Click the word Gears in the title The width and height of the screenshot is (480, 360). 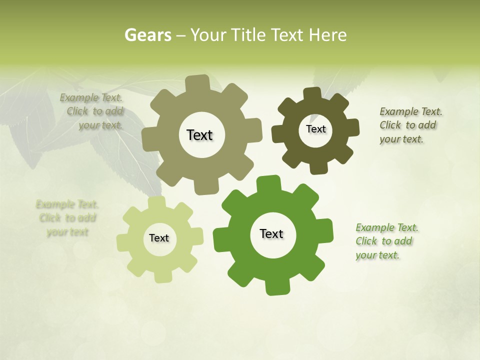click(x=147, y=35)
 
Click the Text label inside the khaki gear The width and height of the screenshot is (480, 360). click(x=199, y=135)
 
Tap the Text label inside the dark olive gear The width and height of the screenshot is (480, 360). click(x=315, y=129)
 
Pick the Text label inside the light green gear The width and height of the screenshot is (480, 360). click(x=159, y=238)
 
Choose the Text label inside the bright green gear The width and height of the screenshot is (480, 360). click(x=271, y=233)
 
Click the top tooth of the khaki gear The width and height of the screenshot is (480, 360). click(x=198, y=82)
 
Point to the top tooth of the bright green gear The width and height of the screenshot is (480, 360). click(x=268, y=182)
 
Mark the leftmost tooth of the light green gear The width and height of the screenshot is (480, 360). click(x=122, y=242)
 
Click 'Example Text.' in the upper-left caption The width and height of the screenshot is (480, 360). click(x=91, y=98)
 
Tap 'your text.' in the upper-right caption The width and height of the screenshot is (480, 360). click(x=401, y=139)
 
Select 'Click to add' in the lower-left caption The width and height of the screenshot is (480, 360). click(x=67, y=218)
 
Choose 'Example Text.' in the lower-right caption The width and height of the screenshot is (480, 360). click(x=387, y=228)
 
